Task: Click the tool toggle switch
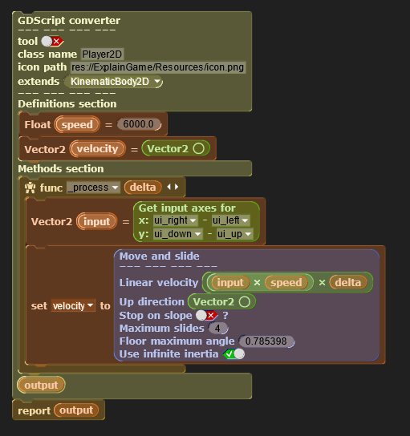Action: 52,42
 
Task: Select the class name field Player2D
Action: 102,54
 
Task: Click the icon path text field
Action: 158,67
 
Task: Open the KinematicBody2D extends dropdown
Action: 114,82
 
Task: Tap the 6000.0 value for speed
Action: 139,124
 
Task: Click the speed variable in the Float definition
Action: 77,124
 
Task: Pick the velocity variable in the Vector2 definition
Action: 97,149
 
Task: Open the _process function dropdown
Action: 93,188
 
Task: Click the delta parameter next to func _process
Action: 143,187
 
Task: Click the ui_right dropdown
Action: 176,220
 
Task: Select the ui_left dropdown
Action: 230,220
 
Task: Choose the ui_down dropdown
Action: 177,234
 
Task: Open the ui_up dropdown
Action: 234,234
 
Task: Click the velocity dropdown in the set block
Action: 73,305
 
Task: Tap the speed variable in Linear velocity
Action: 286,282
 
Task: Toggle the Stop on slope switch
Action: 206,315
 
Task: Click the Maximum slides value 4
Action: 217,329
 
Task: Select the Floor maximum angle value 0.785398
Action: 266,341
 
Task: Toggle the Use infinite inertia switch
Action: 234,354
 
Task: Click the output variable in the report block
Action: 76,410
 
